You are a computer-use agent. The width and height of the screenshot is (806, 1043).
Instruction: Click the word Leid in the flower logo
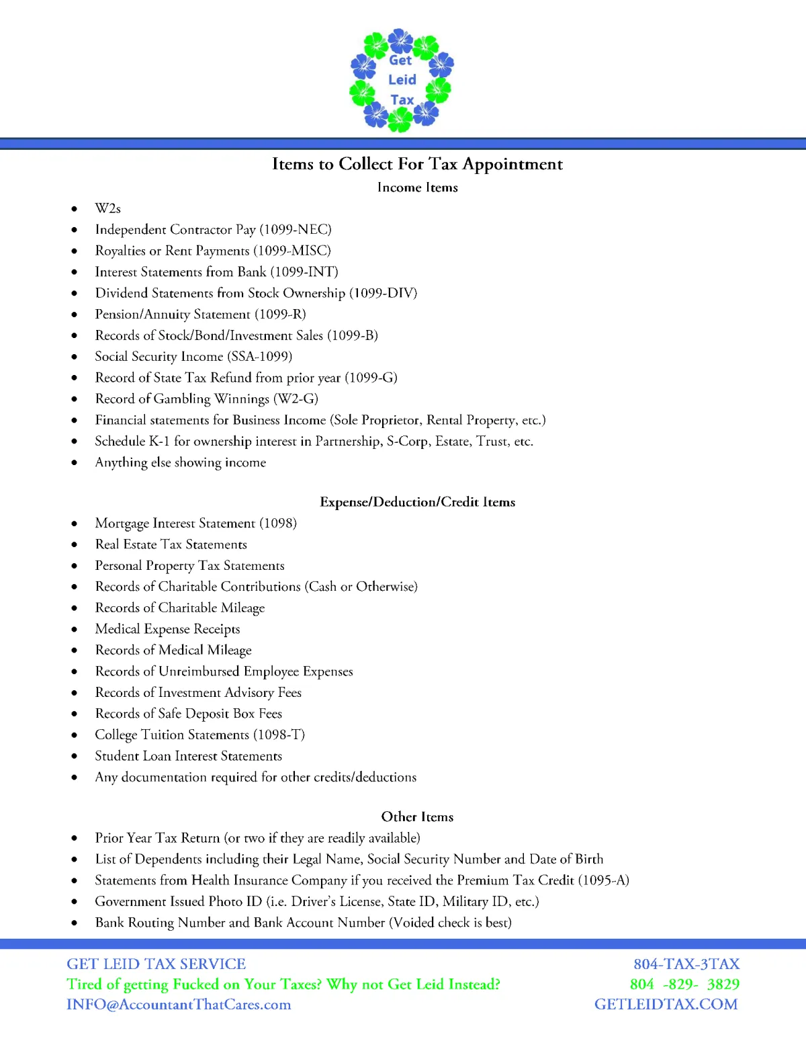pos(402,79)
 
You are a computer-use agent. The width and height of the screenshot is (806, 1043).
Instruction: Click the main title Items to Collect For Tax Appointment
pos(417,164)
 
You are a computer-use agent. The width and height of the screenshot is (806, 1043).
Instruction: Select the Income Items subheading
pos(417,187)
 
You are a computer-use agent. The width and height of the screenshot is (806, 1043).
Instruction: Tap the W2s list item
pos(107,208)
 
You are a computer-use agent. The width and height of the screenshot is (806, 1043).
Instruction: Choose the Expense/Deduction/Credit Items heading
pos(417,502)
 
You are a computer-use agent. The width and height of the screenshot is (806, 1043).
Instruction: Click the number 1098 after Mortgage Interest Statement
pos(278,523)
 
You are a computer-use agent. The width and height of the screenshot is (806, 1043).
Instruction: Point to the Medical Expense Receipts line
pos(167,629)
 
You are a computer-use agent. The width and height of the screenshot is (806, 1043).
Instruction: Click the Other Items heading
pos(417,817)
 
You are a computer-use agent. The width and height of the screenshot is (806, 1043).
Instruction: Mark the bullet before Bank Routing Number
pos(75,923)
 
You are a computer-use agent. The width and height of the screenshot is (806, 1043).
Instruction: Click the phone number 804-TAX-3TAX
pos(686,964)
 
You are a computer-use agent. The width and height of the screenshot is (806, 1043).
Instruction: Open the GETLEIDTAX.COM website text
pos(666,1004)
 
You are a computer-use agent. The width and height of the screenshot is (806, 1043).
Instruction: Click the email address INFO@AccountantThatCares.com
pos(179,1004)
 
